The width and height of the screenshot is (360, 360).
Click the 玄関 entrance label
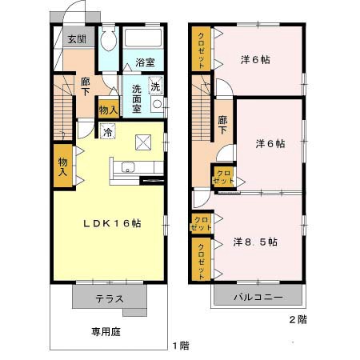click(x=77, y=38)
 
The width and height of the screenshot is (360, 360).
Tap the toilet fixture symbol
click(x=110, y=40)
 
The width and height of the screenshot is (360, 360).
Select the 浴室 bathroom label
click(x=145, y=62)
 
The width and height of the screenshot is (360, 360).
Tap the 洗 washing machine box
click(x=156, y=86)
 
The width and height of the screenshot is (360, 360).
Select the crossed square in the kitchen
click(x=145, y=142)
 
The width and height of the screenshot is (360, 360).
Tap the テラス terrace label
click(x=110, y=299)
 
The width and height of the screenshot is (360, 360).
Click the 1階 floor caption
click(x=180, y=346)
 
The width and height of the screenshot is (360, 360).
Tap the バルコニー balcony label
click(x=258, y=298)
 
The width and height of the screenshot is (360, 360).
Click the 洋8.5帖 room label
click(x=255, y=241)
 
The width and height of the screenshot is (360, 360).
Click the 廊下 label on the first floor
click(x=85, y=86)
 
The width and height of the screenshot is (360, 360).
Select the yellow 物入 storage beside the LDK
click(x=62, y=166)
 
